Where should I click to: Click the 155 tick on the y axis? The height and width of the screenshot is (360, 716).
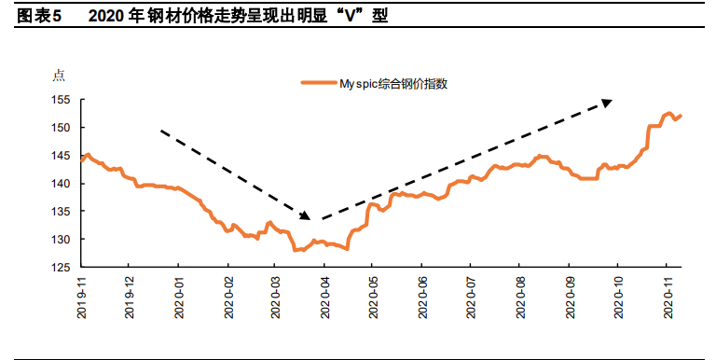(62, 100)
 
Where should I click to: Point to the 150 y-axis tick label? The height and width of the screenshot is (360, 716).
(62, 128)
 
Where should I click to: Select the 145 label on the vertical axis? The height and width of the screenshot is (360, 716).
(62, 156)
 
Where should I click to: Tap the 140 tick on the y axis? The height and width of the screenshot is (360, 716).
(62, 184)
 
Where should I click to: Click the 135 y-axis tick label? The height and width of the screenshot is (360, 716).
(62, 212)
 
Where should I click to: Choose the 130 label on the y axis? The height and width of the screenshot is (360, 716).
(62, 240)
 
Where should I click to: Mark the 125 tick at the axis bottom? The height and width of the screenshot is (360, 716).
(62, 268)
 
